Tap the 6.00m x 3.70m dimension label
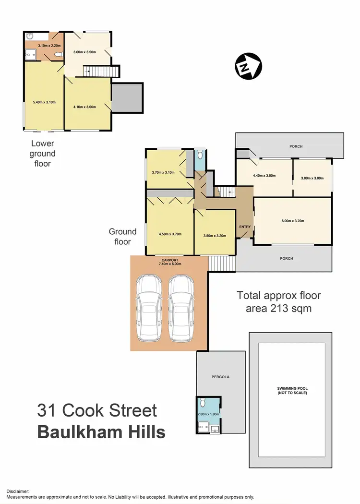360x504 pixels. [x=292, y=221]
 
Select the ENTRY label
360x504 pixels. [x=244, y=227]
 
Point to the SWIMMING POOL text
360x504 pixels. [x=292, y=390]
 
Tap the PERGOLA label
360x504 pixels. [x=221, y=377]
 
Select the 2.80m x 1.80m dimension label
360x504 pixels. [x=208, y=414]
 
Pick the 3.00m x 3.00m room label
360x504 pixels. [x=312, y=178]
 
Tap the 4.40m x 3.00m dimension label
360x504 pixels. [x=264, y=176]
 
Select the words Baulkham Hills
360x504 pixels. [x=101, y=432]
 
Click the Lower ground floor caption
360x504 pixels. [x=43, y=154]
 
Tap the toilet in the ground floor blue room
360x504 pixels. [x=201, y=155]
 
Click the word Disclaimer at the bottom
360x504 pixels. [x=18, y=491]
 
